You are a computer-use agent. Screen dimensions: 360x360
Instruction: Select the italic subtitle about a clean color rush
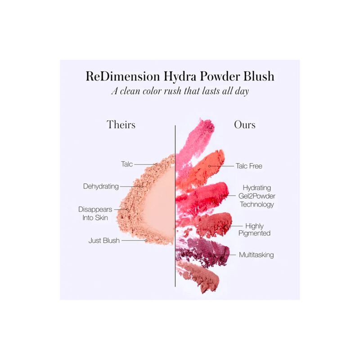180,90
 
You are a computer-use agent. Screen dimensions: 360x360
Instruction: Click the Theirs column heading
121,124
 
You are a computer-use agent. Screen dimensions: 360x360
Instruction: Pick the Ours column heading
244,124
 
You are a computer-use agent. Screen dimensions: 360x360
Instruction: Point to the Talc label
126,164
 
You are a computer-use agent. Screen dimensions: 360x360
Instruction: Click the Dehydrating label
101,186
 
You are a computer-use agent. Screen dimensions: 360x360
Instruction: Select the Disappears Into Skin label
95,213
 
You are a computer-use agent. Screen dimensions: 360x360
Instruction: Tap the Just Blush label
104,240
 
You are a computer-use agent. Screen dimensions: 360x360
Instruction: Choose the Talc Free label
249,166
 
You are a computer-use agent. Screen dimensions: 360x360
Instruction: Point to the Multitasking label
256,255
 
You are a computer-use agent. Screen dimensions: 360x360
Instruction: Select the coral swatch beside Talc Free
202,166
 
